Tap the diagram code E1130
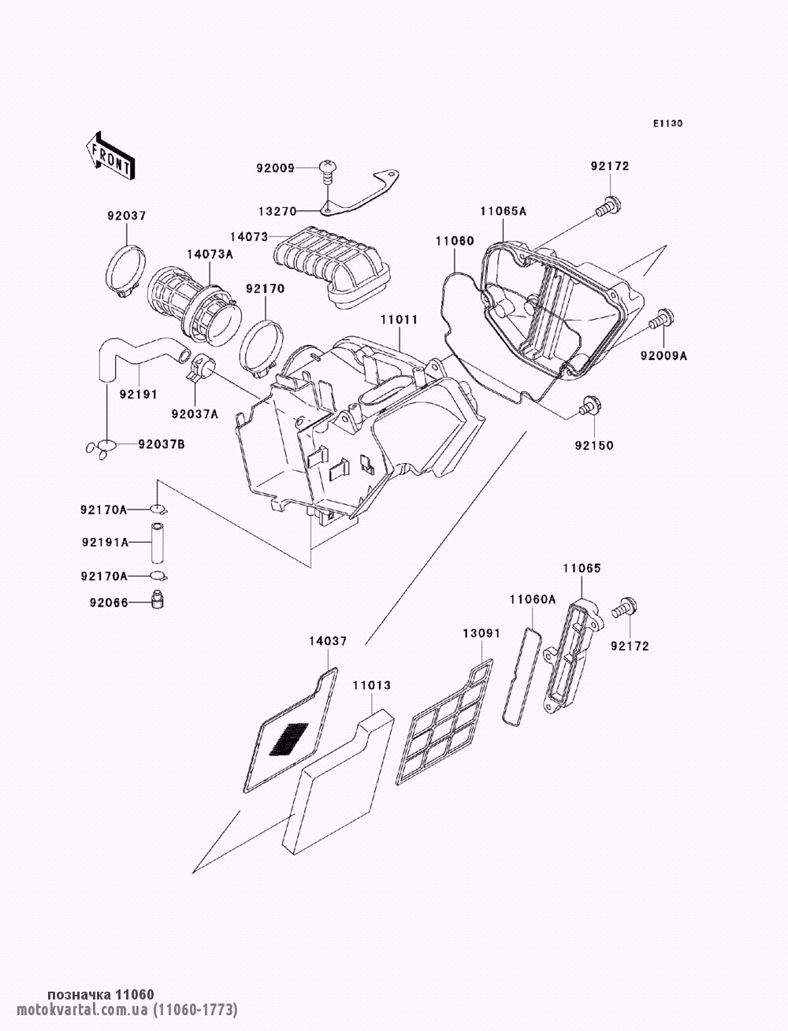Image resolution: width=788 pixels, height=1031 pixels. click(667, 124)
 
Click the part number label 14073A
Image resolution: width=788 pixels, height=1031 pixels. click(210, 254)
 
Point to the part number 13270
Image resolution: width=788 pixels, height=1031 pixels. click(277, 211)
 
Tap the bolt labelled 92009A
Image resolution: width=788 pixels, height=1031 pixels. click(661, 320)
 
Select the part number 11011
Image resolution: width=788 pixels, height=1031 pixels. click(399, 320)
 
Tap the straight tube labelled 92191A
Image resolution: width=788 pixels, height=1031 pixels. click(157, 543)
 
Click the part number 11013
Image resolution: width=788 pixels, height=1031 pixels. click(372, 686)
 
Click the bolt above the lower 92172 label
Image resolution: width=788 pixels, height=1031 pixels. click(624, 608)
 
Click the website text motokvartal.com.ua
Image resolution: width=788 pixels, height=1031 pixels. click(83, 1008)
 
